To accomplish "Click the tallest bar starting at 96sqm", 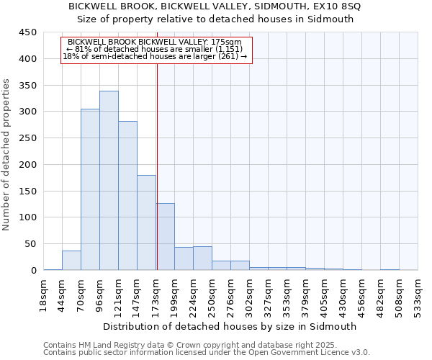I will point(109,181).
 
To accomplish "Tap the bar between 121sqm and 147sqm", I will point(127,196).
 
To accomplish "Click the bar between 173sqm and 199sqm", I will point(165,237).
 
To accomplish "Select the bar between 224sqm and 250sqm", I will point(202,258).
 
